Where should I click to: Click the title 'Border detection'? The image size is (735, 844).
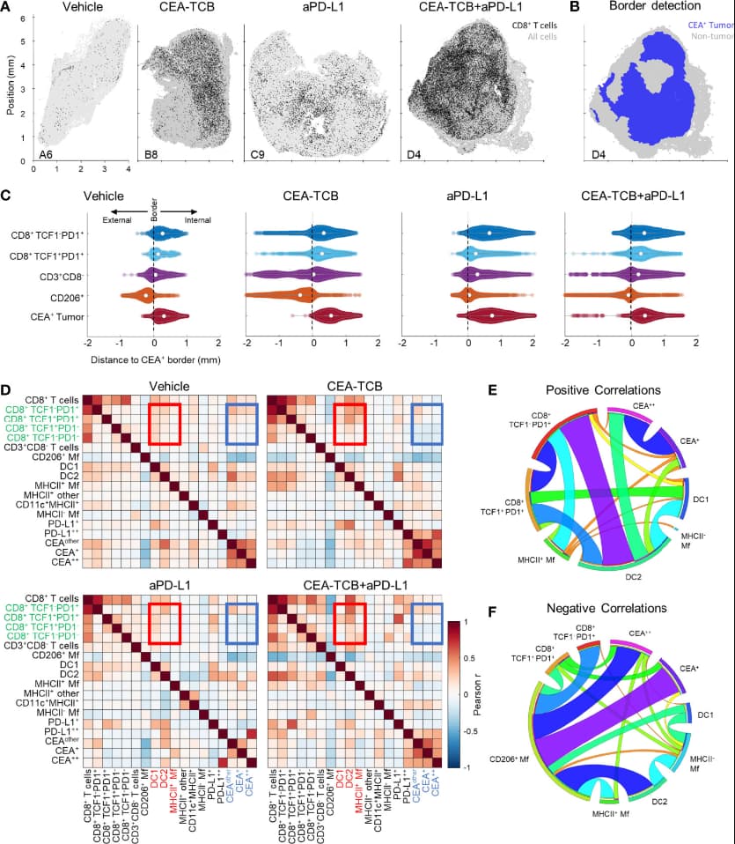click(x=654, y=8)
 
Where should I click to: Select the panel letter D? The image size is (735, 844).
click(x=8, y=389)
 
